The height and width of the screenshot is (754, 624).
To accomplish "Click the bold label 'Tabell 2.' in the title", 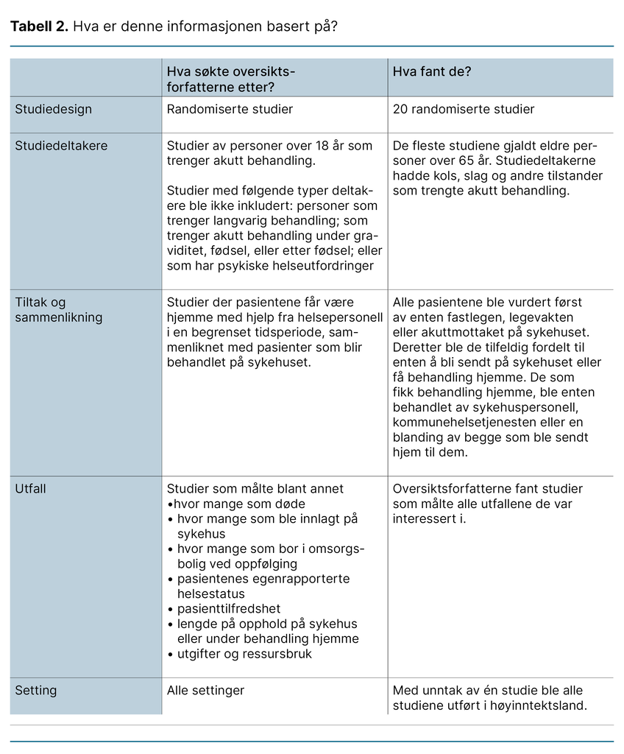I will pyautogui.click(x=38, y=27).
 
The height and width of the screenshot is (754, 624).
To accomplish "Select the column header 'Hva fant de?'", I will pyautogui.click(x=432, y=71).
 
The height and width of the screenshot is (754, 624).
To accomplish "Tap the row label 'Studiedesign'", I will pyautogui.click(x=54, y=109).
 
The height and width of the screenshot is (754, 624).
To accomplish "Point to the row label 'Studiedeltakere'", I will pyautogui.click(x=61, y=145).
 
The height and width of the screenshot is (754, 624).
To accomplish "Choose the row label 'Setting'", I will pyautogui.click(x=36, y=691).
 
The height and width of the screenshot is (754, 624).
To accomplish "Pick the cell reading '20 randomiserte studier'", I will pyautogui.click(x=464, y=109).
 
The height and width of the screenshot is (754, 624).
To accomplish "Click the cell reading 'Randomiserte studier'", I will pyautogui.click(x=230, y=109).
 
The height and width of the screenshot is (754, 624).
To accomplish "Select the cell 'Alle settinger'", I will pyautogui.click(x=205, y=691).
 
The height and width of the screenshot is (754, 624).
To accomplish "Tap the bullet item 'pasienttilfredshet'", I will pyautogui.click(x=229, y=609).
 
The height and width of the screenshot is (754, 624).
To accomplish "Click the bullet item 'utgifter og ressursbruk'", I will pyautogui.click(x=244, y=654).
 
